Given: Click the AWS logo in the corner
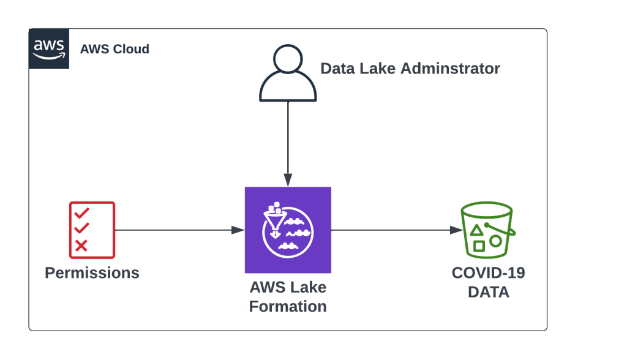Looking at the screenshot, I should [x=49, y=48].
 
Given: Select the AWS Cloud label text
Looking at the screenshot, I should [x=115, y=49].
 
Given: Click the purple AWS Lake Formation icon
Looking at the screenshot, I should [x=288, y=230].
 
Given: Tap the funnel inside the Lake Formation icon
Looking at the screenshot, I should [x=272, y=222].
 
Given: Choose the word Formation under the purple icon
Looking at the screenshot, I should [x=288, y=306].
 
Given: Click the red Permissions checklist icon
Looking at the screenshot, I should [x=92, y=230].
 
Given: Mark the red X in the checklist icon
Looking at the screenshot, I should [x=81, y=246].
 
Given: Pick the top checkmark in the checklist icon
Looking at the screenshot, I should [x=81, y=213].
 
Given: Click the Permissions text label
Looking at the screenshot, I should [x=92, y=272].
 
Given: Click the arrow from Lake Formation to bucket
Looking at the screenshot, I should [x=396, y=230].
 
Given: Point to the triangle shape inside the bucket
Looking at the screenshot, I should [x=476, y=231].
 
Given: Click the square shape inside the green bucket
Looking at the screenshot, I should [x=479, y=246].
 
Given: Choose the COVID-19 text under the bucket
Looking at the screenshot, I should [x=488, y=272].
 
